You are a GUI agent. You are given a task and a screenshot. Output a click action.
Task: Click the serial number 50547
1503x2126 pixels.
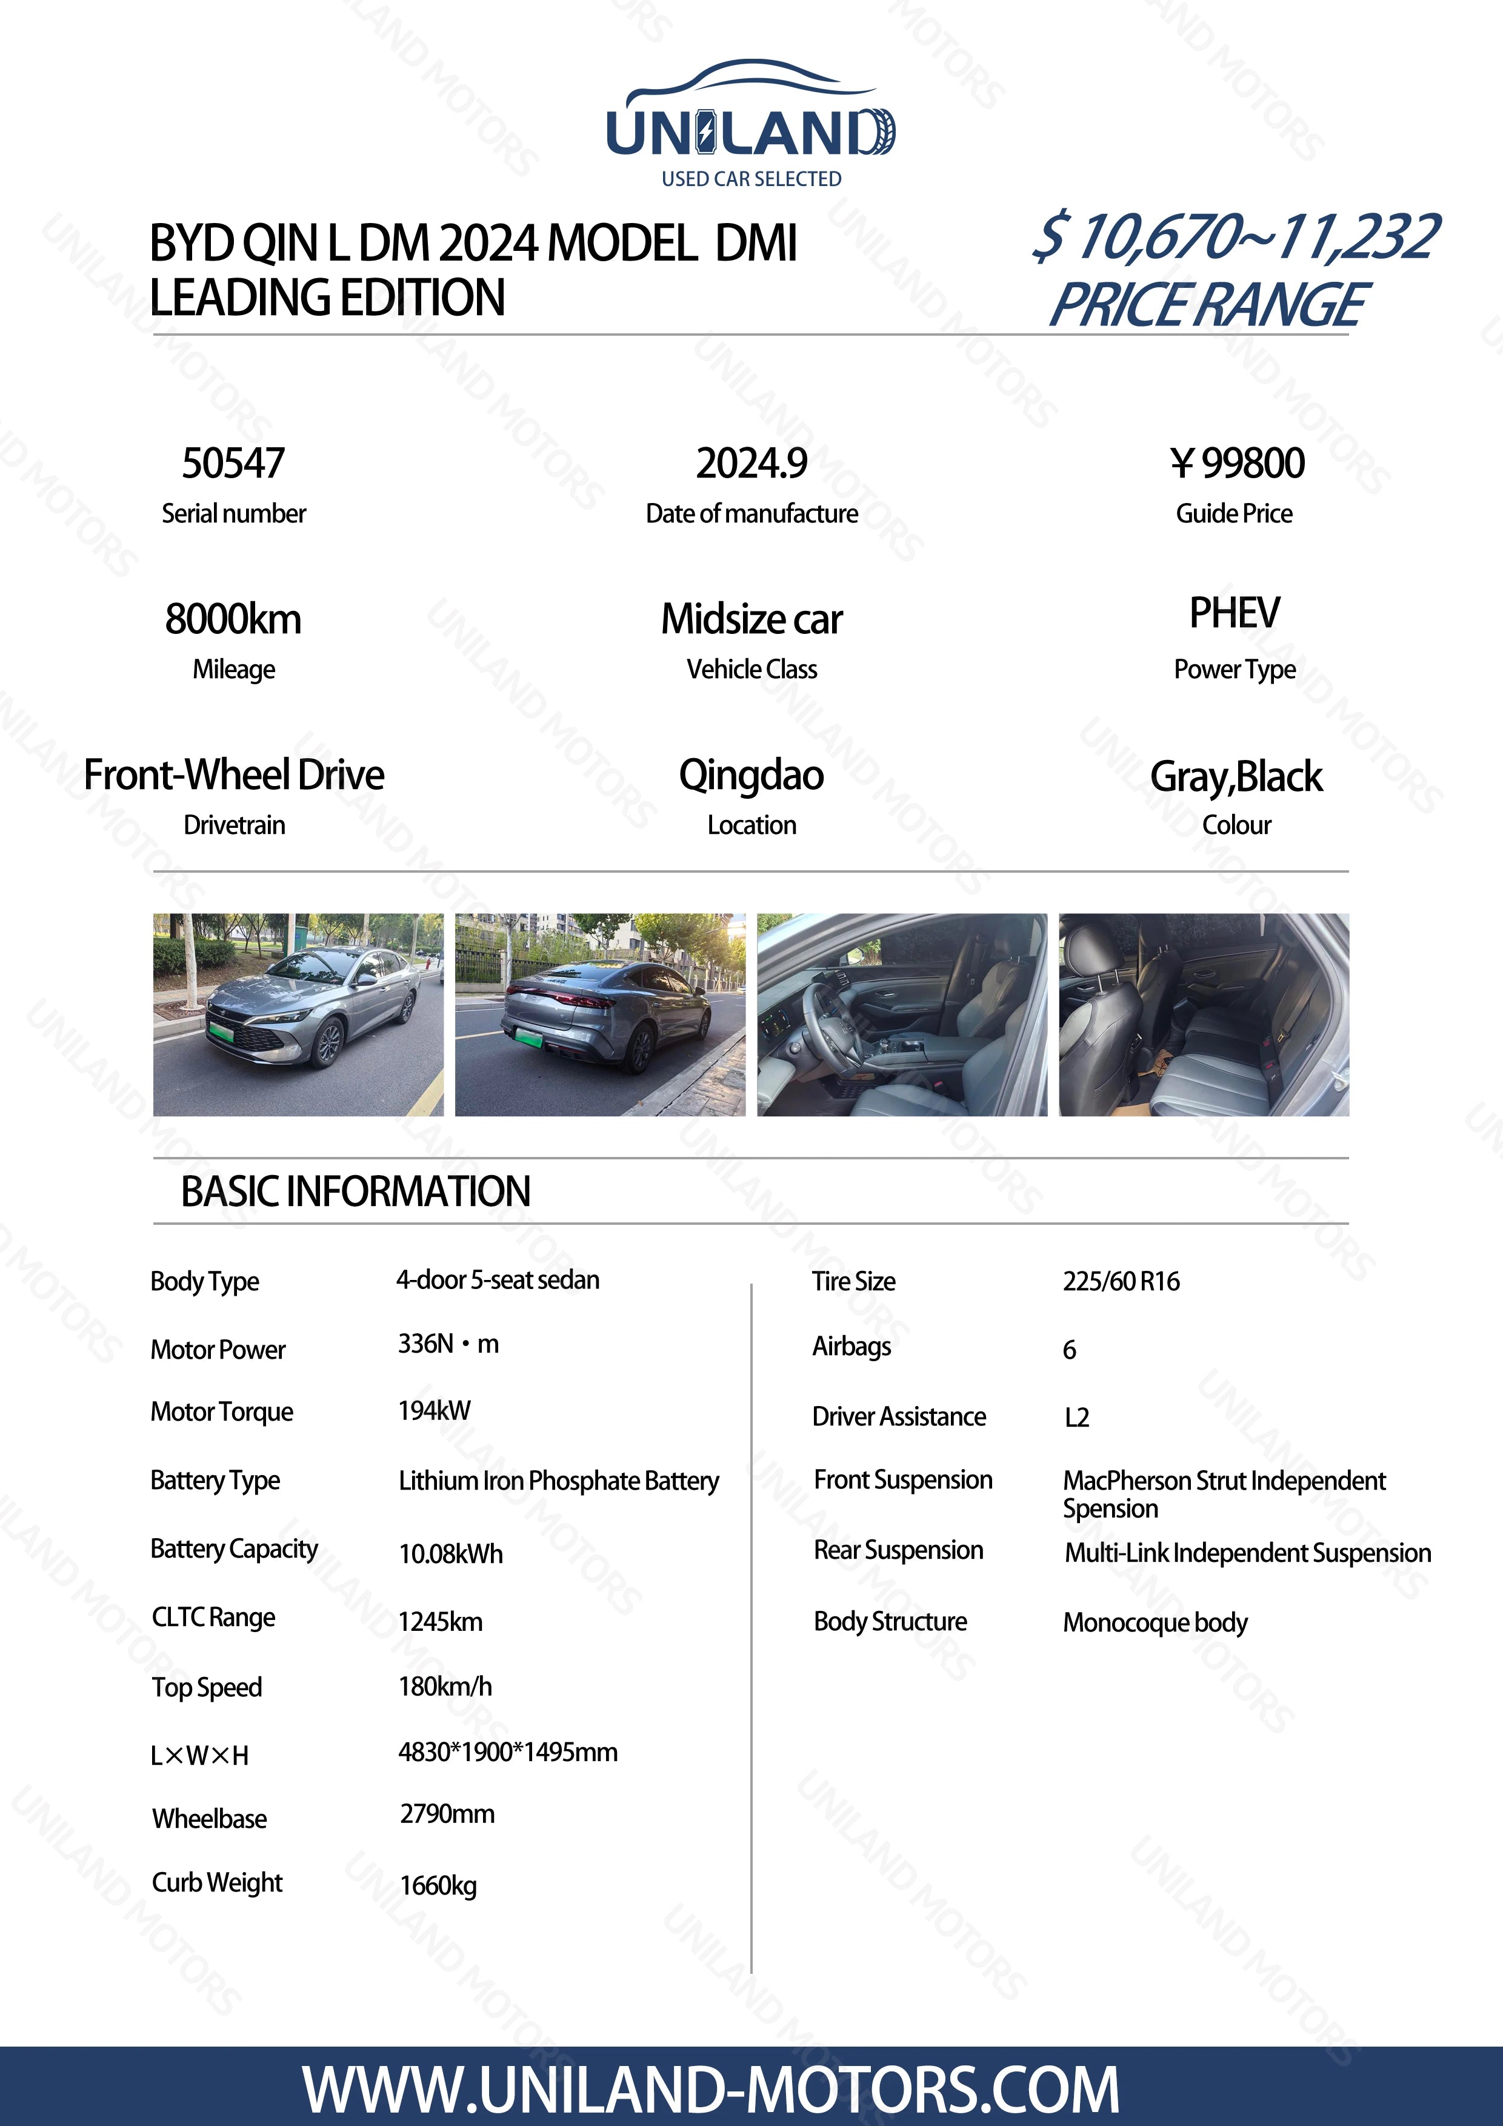point(233,464)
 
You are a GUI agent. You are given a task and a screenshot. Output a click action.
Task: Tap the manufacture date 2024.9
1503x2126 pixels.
point(751,464)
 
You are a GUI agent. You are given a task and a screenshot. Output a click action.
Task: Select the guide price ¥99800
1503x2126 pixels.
point(1236,464)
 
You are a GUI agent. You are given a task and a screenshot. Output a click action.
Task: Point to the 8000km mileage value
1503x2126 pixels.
point(233,619)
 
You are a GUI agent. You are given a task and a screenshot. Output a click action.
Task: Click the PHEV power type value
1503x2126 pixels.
point(1235,613)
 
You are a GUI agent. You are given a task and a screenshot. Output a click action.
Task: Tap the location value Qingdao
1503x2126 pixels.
point(751,775)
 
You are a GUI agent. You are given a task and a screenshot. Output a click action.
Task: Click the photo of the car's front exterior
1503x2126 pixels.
point(298,1015)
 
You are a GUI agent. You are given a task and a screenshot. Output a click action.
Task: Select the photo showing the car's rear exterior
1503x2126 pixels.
point(600,1015)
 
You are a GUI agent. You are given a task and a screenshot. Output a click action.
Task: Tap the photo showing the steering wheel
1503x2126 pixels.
point(902,1015)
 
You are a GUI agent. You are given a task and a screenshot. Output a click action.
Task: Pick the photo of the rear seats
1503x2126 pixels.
point(1204,1015)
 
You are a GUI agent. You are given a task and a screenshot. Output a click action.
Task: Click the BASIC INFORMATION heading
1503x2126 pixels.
point(356,1191)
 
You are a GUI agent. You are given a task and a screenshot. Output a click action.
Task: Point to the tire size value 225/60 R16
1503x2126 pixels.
point(1121,1282)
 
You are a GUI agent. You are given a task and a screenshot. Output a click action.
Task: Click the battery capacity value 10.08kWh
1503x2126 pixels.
point(451,1554)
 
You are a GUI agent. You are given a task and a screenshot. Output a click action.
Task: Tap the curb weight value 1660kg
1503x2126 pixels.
point(439,1886)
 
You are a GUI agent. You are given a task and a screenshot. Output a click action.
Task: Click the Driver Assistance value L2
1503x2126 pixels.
point(1077,1418)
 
